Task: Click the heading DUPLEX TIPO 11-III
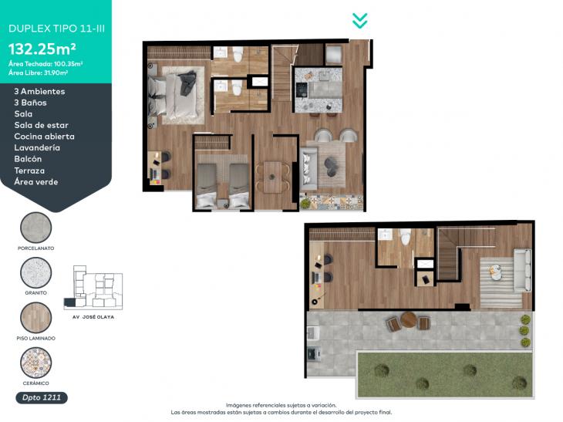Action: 57,29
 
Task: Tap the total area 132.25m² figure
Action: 42,49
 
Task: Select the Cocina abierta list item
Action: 45,137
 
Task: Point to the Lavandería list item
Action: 37,147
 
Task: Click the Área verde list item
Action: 36,182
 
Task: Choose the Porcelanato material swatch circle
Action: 36,228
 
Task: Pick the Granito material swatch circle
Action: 36,272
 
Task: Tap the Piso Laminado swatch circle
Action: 36,318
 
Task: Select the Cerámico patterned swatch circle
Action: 36,363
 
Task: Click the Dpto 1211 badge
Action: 42,397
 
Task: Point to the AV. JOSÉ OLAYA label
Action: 93,317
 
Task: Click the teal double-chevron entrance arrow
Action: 359,21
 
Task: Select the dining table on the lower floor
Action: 273,177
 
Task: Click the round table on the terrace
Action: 409,319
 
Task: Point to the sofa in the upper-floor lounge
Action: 522,271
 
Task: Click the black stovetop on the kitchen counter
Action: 302,89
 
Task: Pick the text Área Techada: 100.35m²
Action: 46,64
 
